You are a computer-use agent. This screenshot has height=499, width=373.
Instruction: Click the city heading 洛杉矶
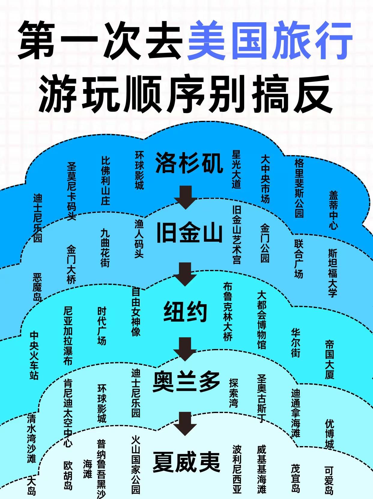coord(189,163)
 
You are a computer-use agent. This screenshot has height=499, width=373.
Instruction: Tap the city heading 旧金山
coord(189,234)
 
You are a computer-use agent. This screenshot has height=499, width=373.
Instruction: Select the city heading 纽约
coord(185,311)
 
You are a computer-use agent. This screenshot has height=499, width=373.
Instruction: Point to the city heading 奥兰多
coord(186,382)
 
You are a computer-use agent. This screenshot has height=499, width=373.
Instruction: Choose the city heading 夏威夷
coord(186,462)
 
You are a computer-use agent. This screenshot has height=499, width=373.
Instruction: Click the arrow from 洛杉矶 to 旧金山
coord(186,197)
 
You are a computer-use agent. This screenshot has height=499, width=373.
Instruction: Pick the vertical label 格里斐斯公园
coord(299,188)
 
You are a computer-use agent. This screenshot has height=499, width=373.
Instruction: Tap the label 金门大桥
coord(71,265)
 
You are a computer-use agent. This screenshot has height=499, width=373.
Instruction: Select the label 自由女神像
coord(136,312)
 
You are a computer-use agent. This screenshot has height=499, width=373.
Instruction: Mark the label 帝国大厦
coord(329,360)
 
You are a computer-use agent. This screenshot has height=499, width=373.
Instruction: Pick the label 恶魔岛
coord(37,287)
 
